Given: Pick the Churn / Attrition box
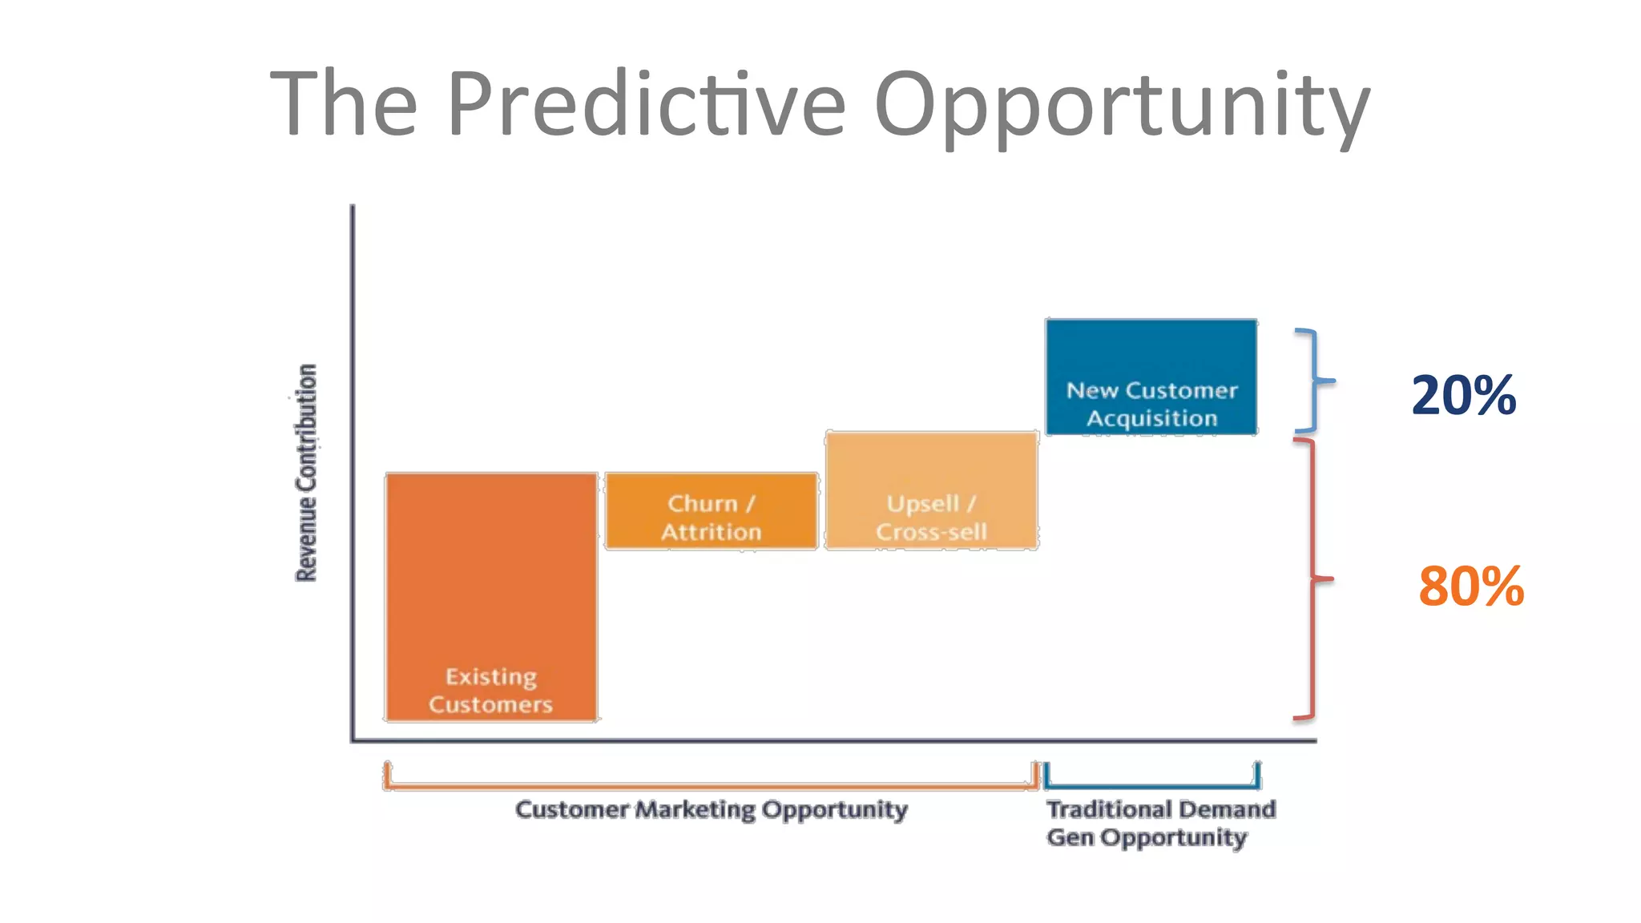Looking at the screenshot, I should [x=712, y=511].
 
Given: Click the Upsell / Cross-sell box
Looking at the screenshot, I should [x=932, y=490].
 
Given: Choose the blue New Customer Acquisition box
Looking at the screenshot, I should [x=1151, y=377].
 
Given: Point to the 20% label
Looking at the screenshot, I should [x=1463, y=396].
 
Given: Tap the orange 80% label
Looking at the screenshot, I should [x=1470, y=586].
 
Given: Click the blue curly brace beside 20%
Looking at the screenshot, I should [x=1314, y=381].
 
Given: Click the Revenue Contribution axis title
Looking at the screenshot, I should [x=307, y=473].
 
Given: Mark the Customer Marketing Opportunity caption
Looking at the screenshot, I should [x=712, y=809].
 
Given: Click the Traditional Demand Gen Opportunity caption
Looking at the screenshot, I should [x=1160, y=823].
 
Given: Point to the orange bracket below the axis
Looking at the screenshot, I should [x=712, y=786].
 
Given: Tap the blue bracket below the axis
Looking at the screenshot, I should [x=1151, y=785].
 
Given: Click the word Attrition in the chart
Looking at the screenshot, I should [x=712, y=532].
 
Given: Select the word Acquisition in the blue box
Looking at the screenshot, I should [x=1151, y=418].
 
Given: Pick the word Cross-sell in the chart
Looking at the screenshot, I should [x=931, y=532].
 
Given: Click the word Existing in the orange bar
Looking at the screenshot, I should [x=491, y=677].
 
